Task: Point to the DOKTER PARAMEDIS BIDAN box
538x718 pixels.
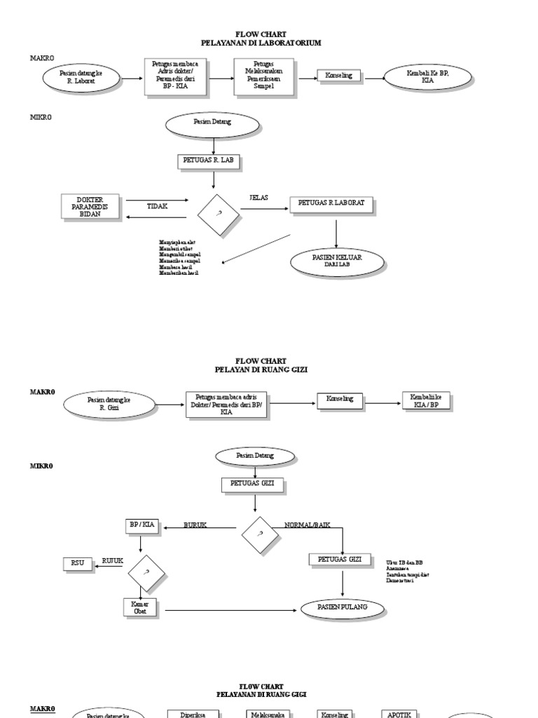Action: [90, 207]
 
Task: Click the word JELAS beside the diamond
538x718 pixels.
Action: [259, 198]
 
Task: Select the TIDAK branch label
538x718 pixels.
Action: [157, 207]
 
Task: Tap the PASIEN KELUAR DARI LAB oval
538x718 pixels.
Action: [337, 262]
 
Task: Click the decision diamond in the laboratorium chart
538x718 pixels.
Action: [218, 214]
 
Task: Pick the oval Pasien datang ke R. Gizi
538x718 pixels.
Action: [109, 403]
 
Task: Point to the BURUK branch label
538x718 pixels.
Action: [195, 524]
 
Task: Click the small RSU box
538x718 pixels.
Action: [78, 562]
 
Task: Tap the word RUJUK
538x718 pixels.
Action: [113, 560]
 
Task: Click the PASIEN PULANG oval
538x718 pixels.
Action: [343, 607]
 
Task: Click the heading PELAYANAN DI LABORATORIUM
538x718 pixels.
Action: [261, 43]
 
